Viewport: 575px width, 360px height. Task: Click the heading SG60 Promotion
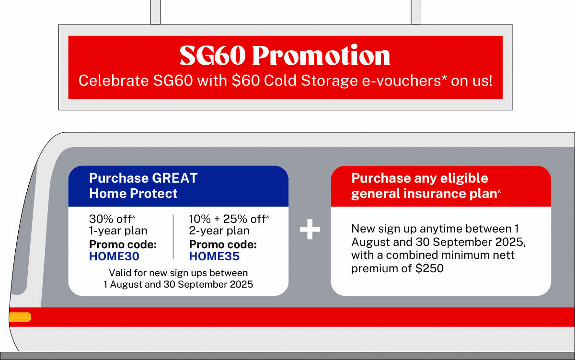[x=285, y=56]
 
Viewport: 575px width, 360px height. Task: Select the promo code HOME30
[x=114, y=256]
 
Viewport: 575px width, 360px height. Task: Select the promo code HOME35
[x=214, y=256]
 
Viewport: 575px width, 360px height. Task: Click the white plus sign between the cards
[x=310, y=231]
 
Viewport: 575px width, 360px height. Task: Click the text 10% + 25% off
[x=228, y=219]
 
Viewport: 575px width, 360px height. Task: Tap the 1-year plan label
[x=118, y=231]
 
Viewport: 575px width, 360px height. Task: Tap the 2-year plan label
[x=219, y=231]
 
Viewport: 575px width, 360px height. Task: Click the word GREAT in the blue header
[x=174, y=178]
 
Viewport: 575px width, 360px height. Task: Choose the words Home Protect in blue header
[x=133, y=194]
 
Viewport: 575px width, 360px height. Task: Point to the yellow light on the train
[x=20, y=317]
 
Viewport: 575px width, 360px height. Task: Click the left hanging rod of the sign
[x=155, y=12]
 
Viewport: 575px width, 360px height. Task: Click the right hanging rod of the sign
[x=416, y=12]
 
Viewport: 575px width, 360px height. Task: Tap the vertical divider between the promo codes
[x=173, y=237]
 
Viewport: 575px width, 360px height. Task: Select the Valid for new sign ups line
[x=178, y=273]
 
